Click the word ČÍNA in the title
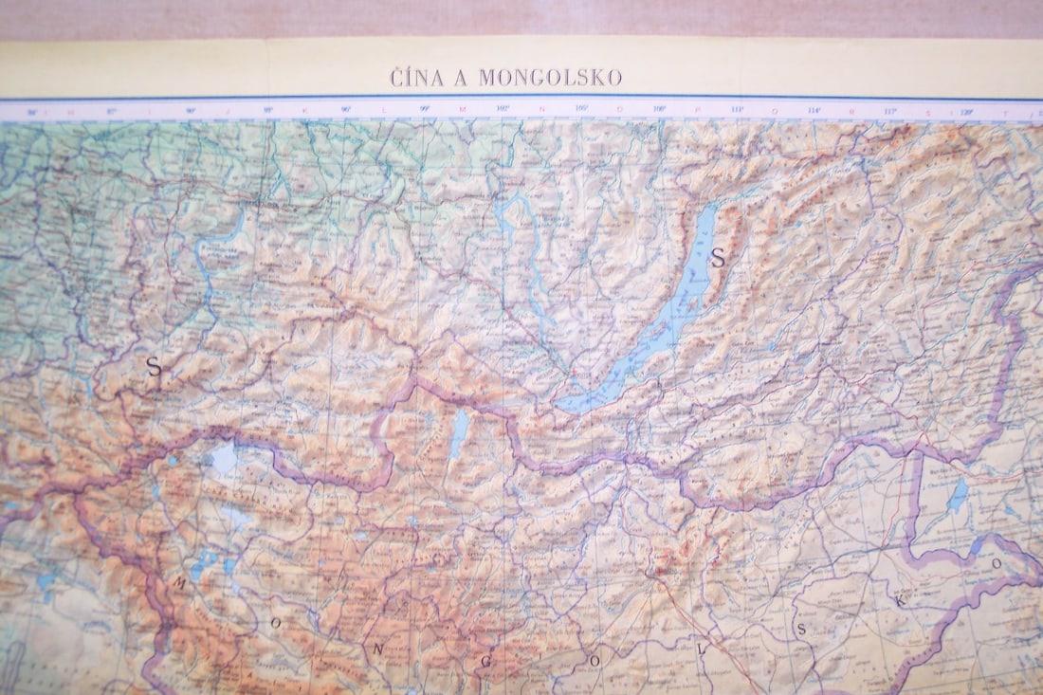tap(416, 78)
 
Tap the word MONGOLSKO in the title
tap(550, 78)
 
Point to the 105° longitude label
tap(582, 110)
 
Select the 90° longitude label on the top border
tap(191, 110)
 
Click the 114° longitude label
tap(814, 110)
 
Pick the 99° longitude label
tap(424, 110)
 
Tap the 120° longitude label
tap(966, 110)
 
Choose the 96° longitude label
tap(346, 110)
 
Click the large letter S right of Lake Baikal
tap(718, 257)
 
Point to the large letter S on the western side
tap(154, 367)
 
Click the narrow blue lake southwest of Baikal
tap(460, 431)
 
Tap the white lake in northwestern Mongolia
tap(224, 459)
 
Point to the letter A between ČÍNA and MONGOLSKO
tap(461, 78)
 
